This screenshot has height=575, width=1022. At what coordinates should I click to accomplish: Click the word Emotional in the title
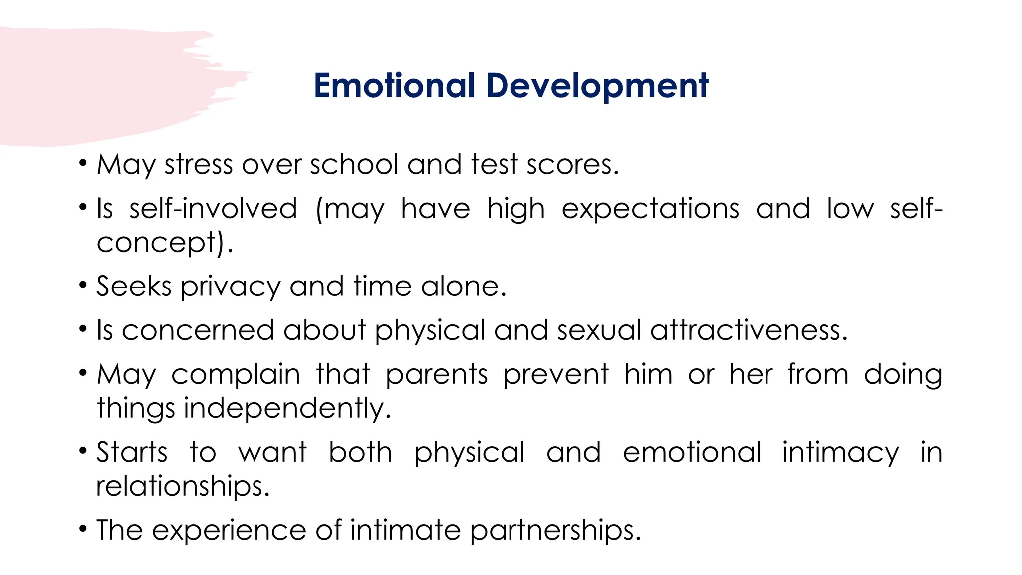click(394, 85)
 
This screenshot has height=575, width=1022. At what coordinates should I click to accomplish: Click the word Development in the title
click(597, 86)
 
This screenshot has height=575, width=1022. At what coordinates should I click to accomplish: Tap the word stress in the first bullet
click(199, 164)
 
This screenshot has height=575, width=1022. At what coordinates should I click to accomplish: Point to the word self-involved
click(213, 208)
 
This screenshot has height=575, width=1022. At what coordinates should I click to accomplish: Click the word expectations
click(650, 209)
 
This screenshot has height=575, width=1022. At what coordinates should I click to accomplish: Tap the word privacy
click(231, 287)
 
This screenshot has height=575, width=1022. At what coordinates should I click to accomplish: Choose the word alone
click(463, 286)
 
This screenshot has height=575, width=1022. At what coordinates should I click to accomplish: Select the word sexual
click(599, 330)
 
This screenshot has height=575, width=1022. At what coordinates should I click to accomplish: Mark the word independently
click(287, 408)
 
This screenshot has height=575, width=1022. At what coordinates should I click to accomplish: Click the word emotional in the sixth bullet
click(692, 452)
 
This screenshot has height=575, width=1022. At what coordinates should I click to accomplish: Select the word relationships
click(183, 486)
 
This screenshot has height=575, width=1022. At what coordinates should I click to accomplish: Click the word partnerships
click(555, 530)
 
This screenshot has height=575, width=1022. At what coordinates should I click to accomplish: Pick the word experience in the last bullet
click(229, 531)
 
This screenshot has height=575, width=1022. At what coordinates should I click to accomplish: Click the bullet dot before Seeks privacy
click(83, 286)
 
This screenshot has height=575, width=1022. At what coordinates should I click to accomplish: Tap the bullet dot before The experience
click(83, 529)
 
